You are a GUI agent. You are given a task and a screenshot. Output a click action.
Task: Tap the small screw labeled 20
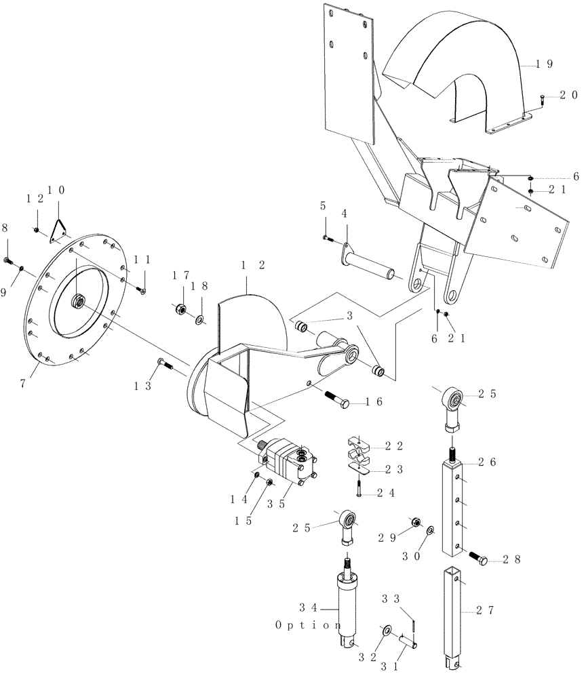click(x=543, y=100)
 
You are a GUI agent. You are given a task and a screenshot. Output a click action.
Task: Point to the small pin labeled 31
click(x=409, y=639)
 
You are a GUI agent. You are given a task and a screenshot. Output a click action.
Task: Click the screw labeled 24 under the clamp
click(x=358, y=488)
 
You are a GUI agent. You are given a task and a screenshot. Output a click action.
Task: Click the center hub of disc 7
click(x=79, y=300)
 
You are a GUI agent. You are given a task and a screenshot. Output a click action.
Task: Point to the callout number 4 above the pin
click(x=345, y=214)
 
